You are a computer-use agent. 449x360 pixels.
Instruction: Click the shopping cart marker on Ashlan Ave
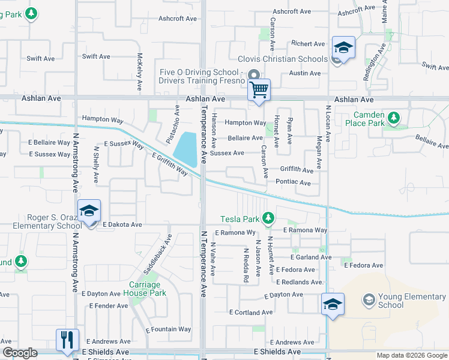(x=259, y=91)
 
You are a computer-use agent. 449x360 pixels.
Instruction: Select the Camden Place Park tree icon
(x=394, y=118)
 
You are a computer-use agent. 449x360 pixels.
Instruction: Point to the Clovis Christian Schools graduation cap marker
(x=344, y=47)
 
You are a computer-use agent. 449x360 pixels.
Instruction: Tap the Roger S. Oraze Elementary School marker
(x=89, y=211)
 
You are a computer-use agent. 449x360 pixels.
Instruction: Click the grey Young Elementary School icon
(x=369, y=299)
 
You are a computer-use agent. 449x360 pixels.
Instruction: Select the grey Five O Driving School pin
(x=253, y=75)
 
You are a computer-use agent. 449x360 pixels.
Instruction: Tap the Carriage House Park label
(x=145, y=289)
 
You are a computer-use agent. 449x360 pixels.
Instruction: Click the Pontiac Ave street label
(x=294, y=181)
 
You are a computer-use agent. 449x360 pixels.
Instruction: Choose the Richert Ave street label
(x=308, y=44)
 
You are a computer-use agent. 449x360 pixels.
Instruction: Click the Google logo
(x=20, y=353)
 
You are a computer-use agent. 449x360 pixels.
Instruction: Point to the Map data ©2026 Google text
(x=411, y=355)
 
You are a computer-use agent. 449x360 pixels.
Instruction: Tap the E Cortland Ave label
(x=251, y=313)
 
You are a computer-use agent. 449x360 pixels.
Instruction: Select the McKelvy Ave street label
(x=139, y=71)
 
